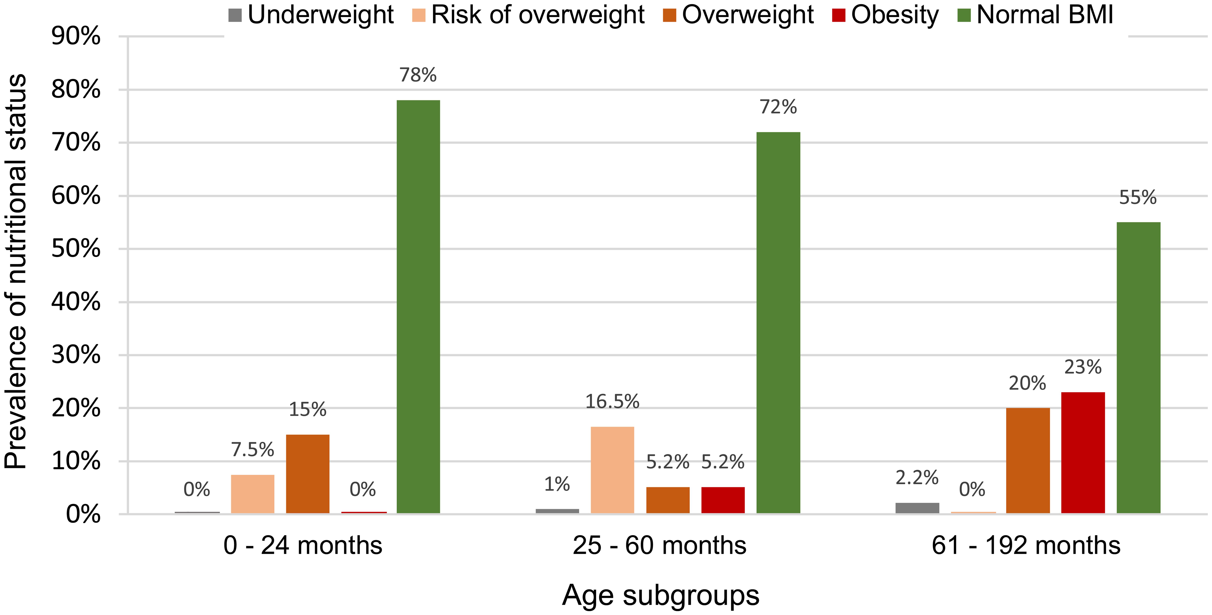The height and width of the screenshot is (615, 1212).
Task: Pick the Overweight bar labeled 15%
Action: (x=308, y=474)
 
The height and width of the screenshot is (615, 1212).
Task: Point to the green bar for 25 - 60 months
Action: (x=778, y=322)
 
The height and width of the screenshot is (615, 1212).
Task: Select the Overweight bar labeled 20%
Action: (x=1028, y=460)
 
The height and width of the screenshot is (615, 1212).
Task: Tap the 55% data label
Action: (x=1138, y=198)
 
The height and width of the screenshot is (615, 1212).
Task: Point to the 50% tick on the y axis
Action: (x=76, y=249)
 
